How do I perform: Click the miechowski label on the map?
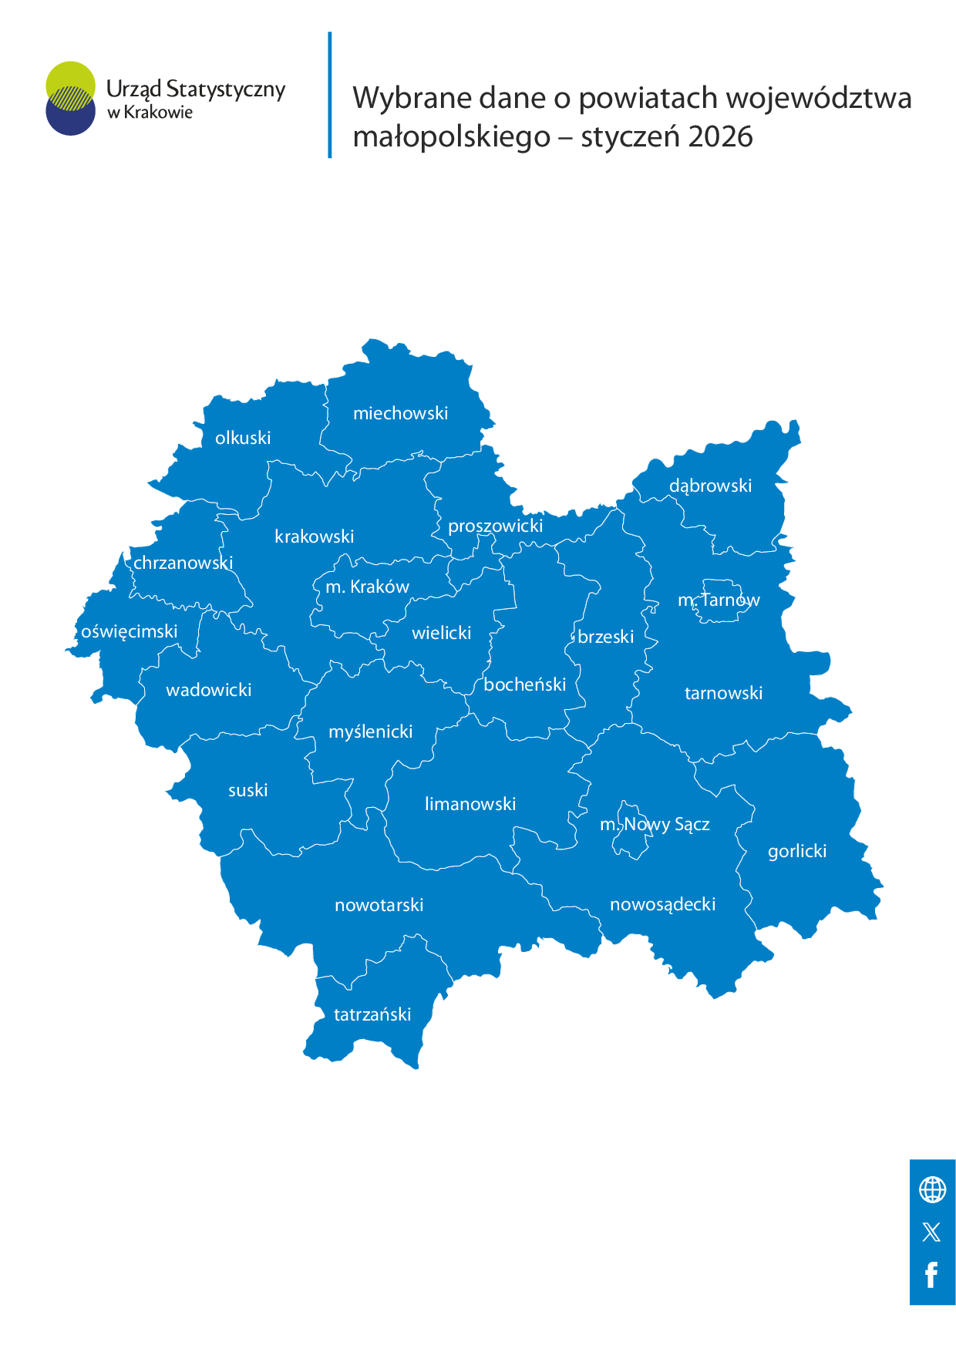(x=400, y=413)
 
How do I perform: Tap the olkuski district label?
(x=243, y=438)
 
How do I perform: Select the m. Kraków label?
(x=367, y=587)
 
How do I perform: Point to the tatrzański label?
(x=372, y=1014)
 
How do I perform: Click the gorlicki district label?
(x=797, y=851)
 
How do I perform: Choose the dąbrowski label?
(x=710, y=486)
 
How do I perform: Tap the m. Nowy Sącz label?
(x=655, y=824)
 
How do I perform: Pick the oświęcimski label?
(x=130, y=631)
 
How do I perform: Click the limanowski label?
(x=470, y=804)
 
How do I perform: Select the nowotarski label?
(x=379, y=905)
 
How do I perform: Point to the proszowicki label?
(x=496, y=526)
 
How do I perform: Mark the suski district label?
(x=248, y=790)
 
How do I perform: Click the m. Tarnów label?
(x=719, y=600)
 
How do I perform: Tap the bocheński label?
(x=525, y=684)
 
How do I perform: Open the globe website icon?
(x=932, y=1189)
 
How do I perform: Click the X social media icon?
(x=931, y=1232)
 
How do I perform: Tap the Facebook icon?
(x=931, y=1275)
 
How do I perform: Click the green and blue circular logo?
(x=70, y=98)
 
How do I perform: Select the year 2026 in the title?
(x=720, y=137)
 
